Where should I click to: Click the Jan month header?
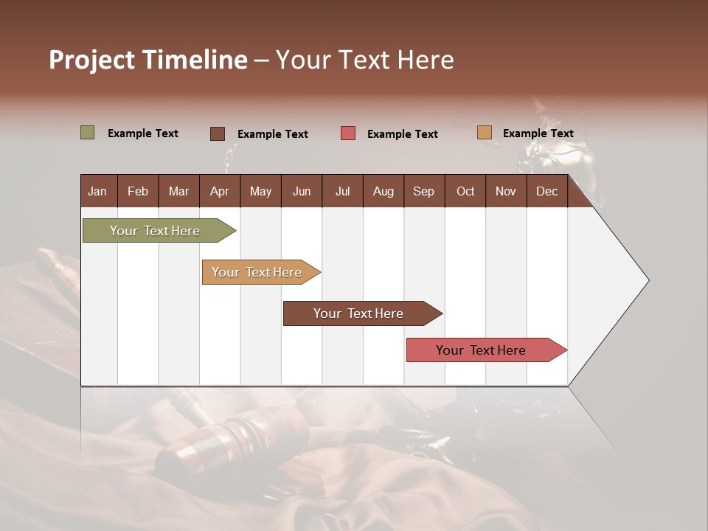point(97,192)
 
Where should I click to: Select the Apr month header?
point(219,192)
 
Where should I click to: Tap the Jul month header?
point(342,192)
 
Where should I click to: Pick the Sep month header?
point(423,192)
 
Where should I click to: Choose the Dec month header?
point(546,192)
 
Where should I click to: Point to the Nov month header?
point(505,192)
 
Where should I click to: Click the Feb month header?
point(138,192)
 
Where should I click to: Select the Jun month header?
point(302,192)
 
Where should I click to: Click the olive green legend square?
point(88,133)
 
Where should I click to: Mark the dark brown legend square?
point(218,133)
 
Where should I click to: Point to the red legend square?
point(348,133)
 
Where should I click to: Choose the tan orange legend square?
point(484,133)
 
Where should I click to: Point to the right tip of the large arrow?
point(648,280)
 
